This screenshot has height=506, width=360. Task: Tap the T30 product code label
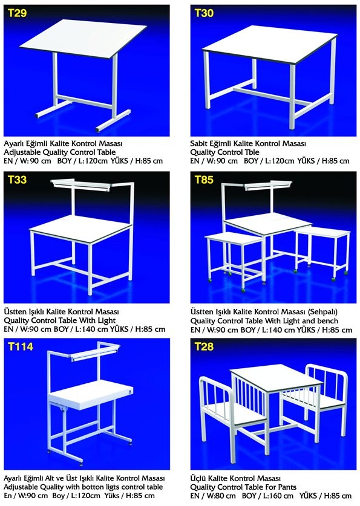click(x=203, y=13)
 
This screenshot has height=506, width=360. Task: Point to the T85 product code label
click(x=203, y=180)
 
